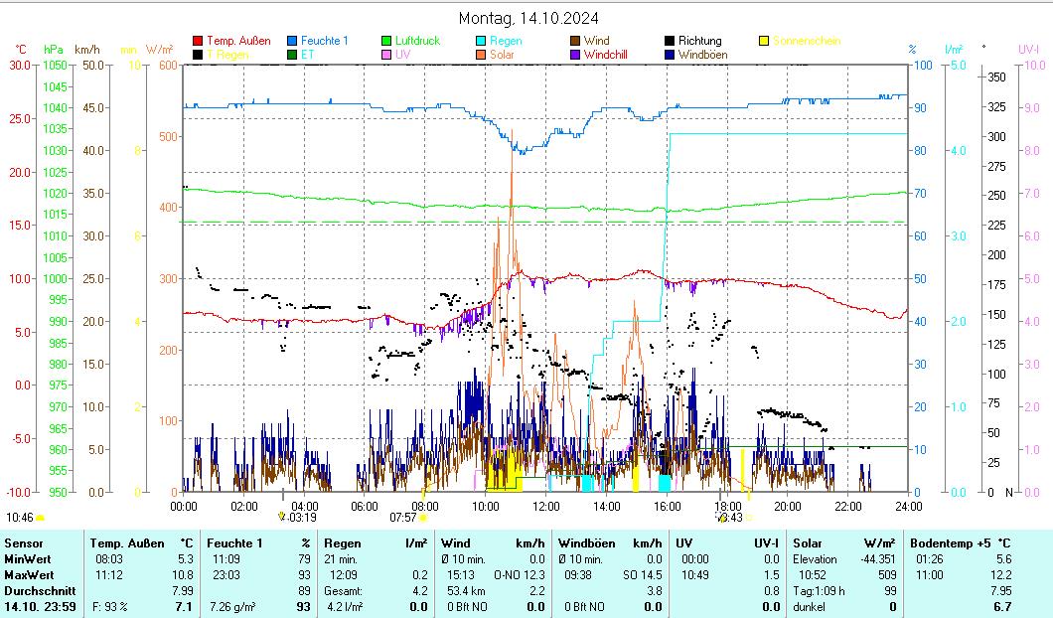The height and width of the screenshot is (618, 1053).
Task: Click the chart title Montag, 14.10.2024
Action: coord(527,18)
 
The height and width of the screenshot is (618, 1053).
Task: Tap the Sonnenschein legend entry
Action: coord(806,41)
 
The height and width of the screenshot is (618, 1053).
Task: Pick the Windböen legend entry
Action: coord(702,55)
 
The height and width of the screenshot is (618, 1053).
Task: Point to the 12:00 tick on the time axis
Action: coord(545,507)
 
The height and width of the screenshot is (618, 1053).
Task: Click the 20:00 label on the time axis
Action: coord(788,507)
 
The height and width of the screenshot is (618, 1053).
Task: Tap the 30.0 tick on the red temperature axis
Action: coord(20,65)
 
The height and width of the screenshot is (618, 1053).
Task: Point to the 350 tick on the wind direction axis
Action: coord(997,77)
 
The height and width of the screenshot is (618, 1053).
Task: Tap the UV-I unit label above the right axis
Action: coord(1029,49)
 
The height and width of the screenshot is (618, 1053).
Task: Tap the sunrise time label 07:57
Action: coord(402,517)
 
